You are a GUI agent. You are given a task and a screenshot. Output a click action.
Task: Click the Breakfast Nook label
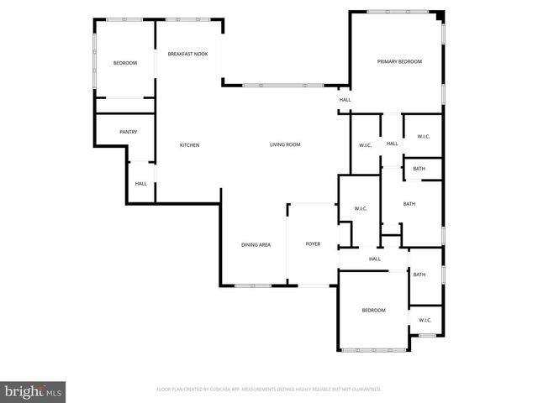pyautogui.click(x=187, y=54)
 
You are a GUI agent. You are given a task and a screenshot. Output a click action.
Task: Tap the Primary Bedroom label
pyautogui.click(x=399, y=61)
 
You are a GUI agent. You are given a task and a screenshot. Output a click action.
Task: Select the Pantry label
pyautogui.click(x=129, y=131)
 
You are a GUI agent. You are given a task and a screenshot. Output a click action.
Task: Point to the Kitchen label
pyautogui.click(x=190, y=145)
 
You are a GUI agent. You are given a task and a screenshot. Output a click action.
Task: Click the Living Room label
pyautogui.click(x=285, y=144)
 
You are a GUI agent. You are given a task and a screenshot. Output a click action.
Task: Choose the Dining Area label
pyautogui.click(x=256, y=244)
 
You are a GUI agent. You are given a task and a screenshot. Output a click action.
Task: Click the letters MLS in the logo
pyautogui.click(x=55, y=391)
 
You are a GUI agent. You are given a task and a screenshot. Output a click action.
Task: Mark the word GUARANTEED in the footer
pyautogui.click(x=364, y=390)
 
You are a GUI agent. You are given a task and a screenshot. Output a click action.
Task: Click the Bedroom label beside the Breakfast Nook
pyautogui.click(x=125, y=63)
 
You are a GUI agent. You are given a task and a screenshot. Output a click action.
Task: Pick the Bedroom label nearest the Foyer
pyautogui.click(x=373, y=311)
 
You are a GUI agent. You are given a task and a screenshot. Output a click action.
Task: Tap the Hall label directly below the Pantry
pyautogui.click(x=140, y=184)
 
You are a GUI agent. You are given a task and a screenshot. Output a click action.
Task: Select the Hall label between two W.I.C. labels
pyautogui.click(x=392, y=144)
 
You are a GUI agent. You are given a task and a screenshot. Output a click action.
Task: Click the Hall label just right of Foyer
pyautogui.click(x=375, y=259)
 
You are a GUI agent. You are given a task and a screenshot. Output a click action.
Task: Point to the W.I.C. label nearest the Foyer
pyautogui.click(x=360, y=208)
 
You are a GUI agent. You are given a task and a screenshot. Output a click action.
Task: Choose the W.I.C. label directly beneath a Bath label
pyautogui.click(x=425, y=319)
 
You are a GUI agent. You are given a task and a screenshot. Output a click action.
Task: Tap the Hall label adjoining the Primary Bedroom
pyautogui.click(x=345, y=100)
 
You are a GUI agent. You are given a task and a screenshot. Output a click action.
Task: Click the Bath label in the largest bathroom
pyautogui.click(x=409, y=204)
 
